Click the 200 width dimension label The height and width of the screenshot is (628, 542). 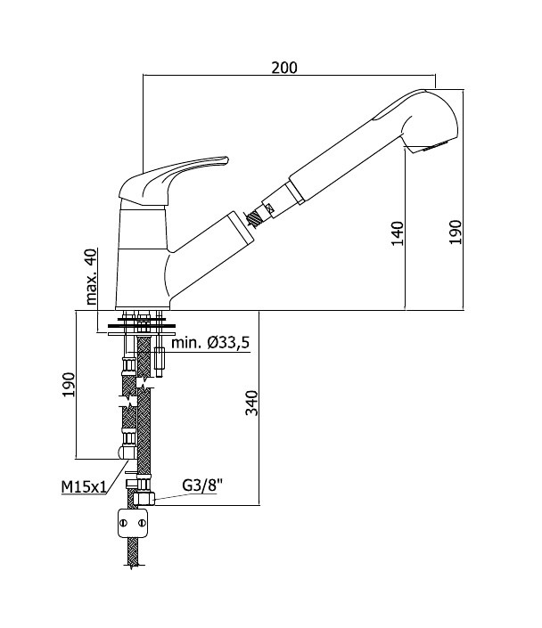[x=284, y=68]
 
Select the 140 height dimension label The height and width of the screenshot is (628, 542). [x=398, y=233]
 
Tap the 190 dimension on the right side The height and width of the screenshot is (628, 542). [x=455, y=232]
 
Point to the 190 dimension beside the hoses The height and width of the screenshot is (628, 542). [x=69, y=385]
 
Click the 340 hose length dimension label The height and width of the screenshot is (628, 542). [x=251, y=403]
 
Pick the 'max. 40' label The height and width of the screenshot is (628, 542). [x=91, y=277]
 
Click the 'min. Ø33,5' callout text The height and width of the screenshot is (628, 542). [x=210, y=343]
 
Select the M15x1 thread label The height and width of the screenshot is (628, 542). [x=84, y=487]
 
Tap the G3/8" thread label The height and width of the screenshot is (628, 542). [x=202, y=485]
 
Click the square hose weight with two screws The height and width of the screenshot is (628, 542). [x=133, y=523]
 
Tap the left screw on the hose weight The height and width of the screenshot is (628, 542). [x=124, y=523]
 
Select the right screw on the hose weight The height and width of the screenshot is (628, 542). [x=142, y=523]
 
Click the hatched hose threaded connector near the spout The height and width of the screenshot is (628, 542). [x=255, y=218]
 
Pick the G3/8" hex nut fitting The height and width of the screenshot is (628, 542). [x=144, y=499]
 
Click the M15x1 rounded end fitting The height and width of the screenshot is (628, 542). [x=127, y=453]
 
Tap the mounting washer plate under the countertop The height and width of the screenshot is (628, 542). [x=141, y=333]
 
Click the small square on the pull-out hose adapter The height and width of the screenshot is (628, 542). [x=269, y=208]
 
